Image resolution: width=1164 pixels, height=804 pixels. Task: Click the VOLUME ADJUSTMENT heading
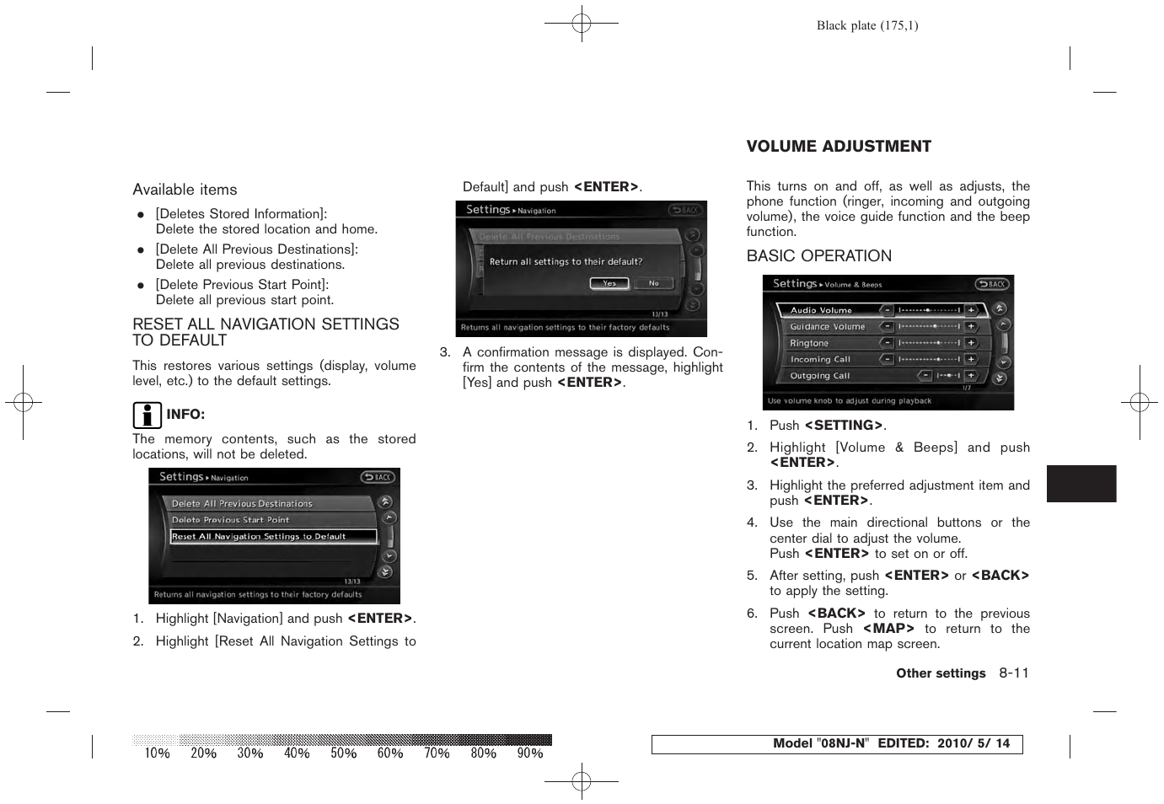click(x=839, y=147)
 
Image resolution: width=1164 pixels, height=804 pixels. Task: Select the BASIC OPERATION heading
click(x=818, y=256)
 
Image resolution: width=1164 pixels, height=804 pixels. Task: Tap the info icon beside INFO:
click(x=147, y=415)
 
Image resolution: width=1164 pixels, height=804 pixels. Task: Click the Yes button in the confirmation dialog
click(x=609, y=283)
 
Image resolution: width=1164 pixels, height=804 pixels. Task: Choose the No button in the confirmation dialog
click(x=653, y=283)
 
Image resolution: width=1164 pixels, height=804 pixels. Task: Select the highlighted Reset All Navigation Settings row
click(x=273, y=536)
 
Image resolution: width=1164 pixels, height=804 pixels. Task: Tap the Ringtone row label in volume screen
click(x=809, y=343)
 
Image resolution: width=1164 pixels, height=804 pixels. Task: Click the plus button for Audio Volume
click(x=971, y=310)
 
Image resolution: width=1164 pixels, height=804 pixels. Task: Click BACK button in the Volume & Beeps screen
click(x=992, y=284)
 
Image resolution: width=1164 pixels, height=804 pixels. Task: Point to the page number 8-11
click(x=1014, y=673)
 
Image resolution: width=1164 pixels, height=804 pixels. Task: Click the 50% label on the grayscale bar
click(x=343, y=753)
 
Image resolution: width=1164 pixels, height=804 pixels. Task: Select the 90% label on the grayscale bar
click(x=529, y=753)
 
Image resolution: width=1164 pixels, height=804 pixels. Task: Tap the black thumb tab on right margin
click(x=1081, y=484)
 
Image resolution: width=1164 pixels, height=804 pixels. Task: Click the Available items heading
click(x=185, y=190)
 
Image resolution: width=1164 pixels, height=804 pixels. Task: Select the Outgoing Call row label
click(x=819, y=376)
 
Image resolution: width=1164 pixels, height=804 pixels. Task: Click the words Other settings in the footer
click(x=941, y=673)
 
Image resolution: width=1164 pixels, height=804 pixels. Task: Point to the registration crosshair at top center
click(x=582, y=24)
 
